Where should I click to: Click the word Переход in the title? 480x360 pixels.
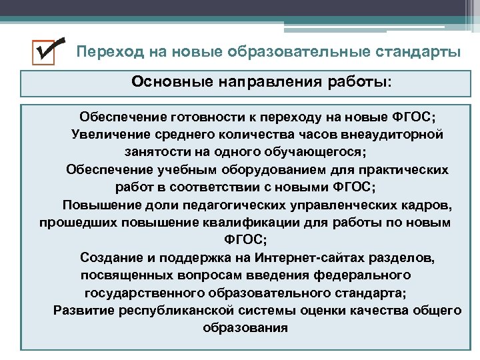[104, 52]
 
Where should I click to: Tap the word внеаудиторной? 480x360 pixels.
[395, 135]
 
